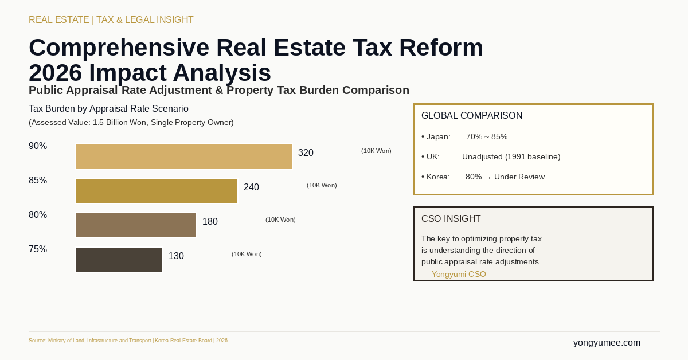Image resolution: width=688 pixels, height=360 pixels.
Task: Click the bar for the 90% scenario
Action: coord(183,156)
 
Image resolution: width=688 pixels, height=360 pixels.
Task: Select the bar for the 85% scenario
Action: coord(157,191)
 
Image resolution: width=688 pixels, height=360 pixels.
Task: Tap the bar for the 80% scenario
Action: coord(136,225)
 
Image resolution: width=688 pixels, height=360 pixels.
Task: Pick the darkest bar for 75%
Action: coord(119,260)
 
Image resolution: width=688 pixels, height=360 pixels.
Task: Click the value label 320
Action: coord(306,153)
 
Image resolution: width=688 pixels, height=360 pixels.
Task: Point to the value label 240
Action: coord(251,187)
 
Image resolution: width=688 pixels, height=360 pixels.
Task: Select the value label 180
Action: coord(210,222)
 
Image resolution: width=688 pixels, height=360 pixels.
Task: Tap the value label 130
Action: coord(176,256)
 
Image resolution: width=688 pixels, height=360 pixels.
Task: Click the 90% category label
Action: coord(38,146)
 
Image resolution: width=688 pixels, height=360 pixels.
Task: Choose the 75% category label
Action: coord(38,249)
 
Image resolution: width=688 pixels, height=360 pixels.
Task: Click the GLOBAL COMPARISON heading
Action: coord(472,116)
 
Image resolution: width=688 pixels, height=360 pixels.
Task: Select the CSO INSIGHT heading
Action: coord(451,219)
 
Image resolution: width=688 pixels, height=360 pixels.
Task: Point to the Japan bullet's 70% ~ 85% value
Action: coord(487,137)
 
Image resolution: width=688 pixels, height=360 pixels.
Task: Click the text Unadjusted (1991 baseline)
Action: coord(511,157)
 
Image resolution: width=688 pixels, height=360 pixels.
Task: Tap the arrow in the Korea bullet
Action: coord(488,178)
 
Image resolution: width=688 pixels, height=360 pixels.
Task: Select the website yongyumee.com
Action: coord(607,343)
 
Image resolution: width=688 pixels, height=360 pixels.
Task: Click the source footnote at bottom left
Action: coord(128,341)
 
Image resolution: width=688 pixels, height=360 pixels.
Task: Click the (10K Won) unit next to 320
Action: coord(376,151)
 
